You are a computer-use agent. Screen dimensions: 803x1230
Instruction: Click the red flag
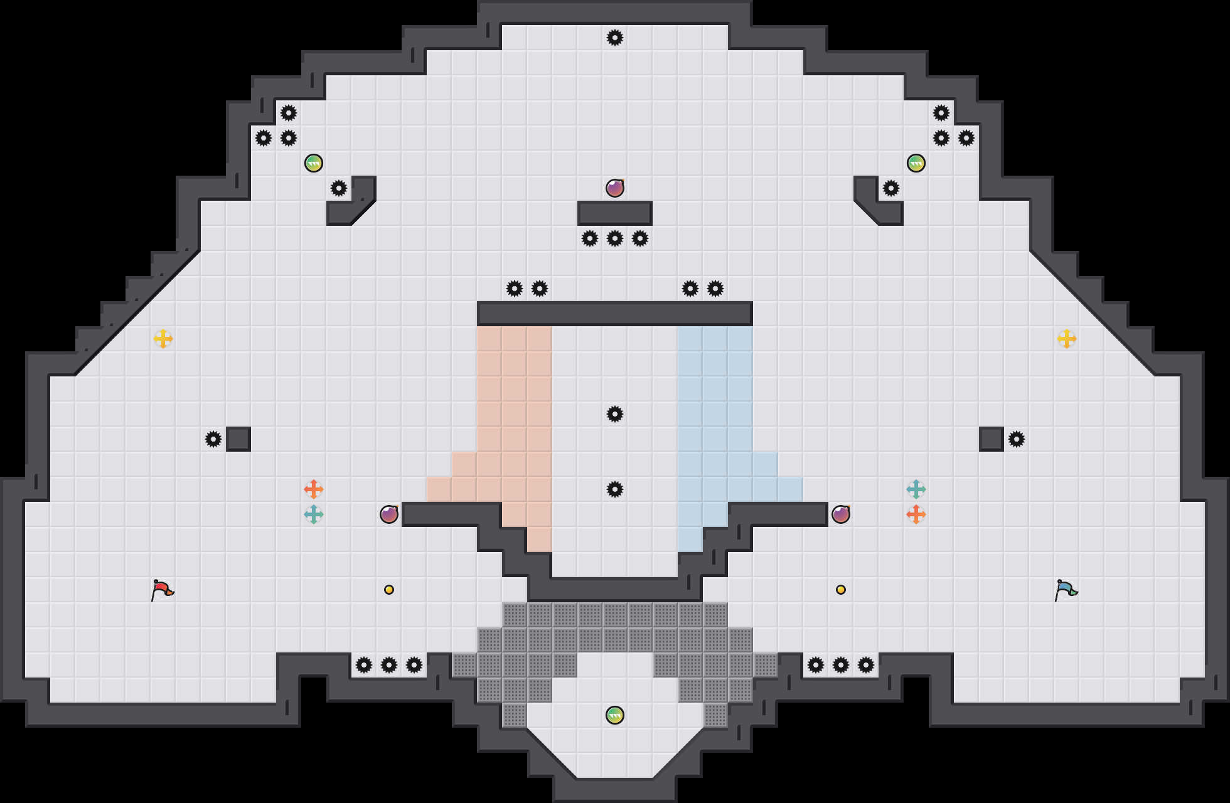(162, 590)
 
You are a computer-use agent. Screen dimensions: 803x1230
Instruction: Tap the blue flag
(1066, 590)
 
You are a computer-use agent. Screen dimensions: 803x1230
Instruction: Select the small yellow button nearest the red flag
(389, 590)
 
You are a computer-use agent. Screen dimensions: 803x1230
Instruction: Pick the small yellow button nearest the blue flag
(841, 590)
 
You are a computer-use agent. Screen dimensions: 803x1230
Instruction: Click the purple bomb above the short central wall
(615, 188)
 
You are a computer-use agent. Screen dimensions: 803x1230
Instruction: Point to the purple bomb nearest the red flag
(389, 514)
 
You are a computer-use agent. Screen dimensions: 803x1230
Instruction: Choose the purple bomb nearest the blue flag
(841, 514)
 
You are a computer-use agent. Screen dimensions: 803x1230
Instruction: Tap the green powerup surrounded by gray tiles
(615, 715)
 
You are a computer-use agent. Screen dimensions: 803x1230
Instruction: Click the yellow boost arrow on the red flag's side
(163, 339)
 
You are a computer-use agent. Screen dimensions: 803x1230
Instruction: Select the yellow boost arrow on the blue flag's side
(1067, 339)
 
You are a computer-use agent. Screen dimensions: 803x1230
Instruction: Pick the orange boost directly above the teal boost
(314, 489)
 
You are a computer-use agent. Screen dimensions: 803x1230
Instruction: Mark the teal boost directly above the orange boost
(916, 489)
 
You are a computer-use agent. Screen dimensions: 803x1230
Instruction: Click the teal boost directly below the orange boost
(314, 514)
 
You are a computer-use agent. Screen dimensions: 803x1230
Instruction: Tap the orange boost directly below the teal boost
(916, 514)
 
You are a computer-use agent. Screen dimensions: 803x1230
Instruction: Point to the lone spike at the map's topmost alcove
(615, 38)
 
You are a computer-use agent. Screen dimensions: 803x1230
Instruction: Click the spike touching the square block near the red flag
(213, 439)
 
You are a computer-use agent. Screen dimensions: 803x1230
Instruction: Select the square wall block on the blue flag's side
(992, 439)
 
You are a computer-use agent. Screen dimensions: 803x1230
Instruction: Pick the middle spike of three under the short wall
(615, 238)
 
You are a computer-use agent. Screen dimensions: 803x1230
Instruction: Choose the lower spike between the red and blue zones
(615, 489)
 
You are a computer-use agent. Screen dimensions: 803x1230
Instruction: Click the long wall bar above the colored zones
(615, 314)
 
